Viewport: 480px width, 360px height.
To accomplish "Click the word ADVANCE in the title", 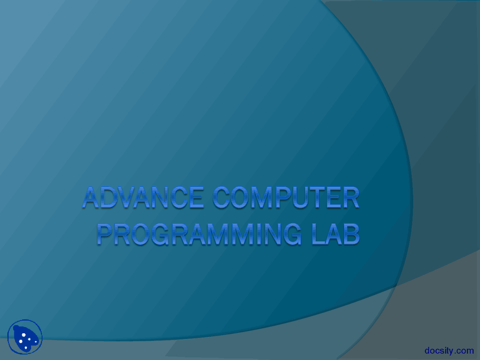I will point(143,198).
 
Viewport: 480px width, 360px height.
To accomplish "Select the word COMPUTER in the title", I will point(286,198).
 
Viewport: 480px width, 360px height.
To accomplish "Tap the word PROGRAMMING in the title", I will point(199,234).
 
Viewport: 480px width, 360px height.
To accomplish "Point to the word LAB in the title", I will point(336,234).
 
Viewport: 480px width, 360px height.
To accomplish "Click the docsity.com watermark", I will point(449,351).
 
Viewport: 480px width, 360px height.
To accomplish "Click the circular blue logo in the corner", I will point(25,337).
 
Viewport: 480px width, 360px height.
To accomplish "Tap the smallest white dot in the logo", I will point(29,339).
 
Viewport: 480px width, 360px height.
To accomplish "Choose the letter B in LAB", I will point(351,234).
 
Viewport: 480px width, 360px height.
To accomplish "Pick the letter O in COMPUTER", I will point(242,198).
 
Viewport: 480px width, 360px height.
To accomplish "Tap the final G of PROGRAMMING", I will point(292,234).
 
